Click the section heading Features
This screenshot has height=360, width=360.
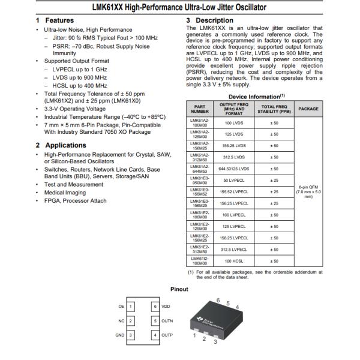pyautogui.click(x=59, y=20)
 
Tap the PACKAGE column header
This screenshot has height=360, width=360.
pyautogui.click(x=308, y=109)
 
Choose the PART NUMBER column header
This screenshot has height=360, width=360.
pyautogui.click(x=200, y=109)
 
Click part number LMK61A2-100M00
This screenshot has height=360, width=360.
pyautogui.click(x=200, y=122)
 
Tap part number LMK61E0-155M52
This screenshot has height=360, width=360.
pyautogui.click(x=200, y=191)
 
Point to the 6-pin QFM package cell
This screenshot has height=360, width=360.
pyautogui.click(x=308, y=191)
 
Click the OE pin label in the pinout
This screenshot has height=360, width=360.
pyautogui.click(x=121, y=306)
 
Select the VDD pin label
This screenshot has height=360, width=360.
pyautogui.click(x=166, y=306)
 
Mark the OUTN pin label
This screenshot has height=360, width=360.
pyautogui.click(x=167, y=320)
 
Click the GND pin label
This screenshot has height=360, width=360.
pyautogui.click(x=120, y=335)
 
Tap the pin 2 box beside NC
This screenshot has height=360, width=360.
pyautogui.click(x=131, y=320)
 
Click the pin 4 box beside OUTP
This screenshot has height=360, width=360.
pyautogui.click(x=155, y=335)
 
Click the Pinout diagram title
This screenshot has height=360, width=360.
pyautogui.click(x=179, y=289)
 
